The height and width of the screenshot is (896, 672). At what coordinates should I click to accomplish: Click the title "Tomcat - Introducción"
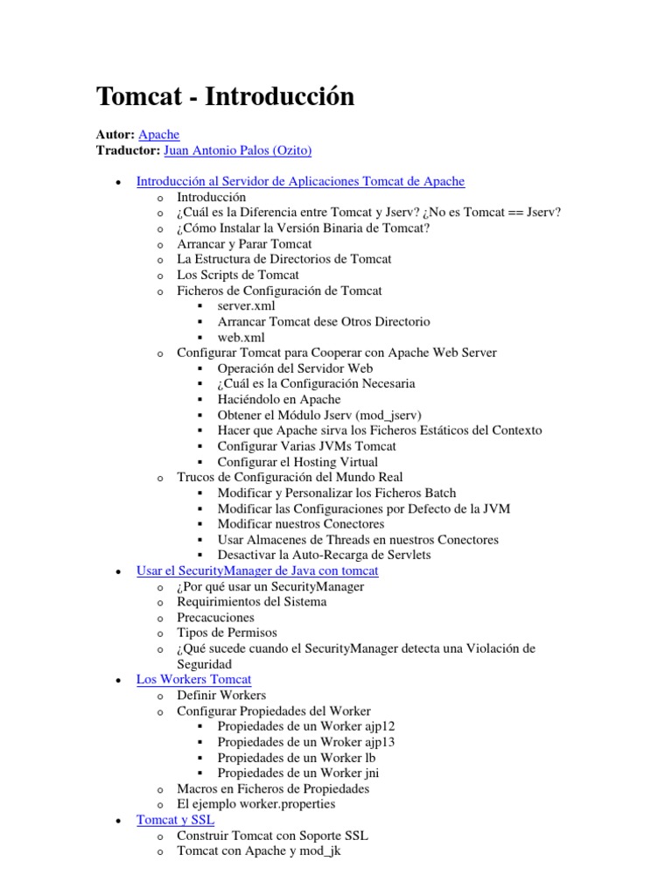(x=225, y=96)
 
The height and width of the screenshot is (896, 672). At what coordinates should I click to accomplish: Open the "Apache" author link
(x=159, y=135)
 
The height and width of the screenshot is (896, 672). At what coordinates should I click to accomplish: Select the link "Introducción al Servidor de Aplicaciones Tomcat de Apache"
(x=300, y=181)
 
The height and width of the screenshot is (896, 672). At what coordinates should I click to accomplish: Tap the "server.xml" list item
(x=246, y=306)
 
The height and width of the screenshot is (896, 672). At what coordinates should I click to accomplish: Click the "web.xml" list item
(x=241, y=337)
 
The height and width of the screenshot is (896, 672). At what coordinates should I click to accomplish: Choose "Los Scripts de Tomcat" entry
(x=238, y=275)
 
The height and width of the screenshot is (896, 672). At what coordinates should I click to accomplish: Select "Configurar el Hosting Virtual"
(x=297, y=462)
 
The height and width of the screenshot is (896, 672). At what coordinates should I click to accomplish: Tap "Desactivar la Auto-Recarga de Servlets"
(x=324, y=555)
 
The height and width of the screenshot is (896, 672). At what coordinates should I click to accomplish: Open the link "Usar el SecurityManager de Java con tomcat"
(x=257, y=570)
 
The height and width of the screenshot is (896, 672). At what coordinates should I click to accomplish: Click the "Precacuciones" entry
(x=216, y=618)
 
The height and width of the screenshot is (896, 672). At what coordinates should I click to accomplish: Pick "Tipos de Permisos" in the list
(x=227, y=633)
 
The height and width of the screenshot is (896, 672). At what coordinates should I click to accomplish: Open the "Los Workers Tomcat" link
(x=193, y=679)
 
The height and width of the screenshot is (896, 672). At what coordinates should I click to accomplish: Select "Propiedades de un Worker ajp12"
(x=300, y=726)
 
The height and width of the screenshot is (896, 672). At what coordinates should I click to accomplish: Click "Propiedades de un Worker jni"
(x=298, y=773)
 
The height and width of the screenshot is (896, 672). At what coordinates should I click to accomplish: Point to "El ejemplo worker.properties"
(x=255, y=804)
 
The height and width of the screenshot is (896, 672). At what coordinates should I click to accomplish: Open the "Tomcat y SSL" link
(x=175, y=820)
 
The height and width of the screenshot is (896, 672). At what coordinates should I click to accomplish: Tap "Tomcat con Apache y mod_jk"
(x=258, y=850)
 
